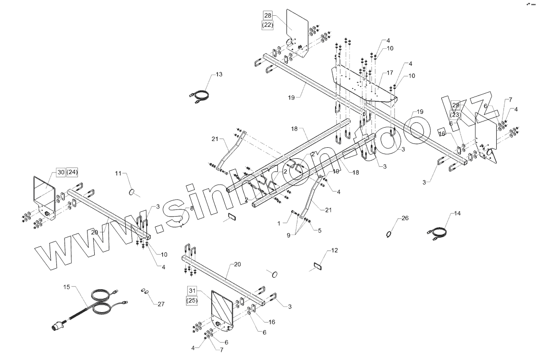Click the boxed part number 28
pyautogui.click(x=267, y=16)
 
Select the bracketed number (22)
pyautogui.click(x=267, y=25)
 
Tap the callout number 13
pyautogui.click(x=219, y=75)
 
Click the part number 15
pyautogui.click(x=67, y=286)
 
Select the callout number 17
pyautogui.click(x=390, y=73)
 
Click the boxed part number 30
pyautogui.click(x=60, y=172)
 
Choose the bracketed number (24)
pyautogui.click(x=72, y=172)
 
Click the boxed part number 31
pyautogui.click(x=192, y=290)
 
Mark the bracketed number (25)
pyautogui.click(x=192, y=300)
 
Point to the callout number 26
pyautogui.click(x=405, y=218)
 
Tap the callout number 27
pyautogui.click(x=161, y=304)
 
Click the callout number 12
pyautogui.click(x=334, y=250)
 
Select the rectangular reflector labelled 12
pyautogui.click(x=317, y=266)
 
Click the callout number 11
pyautogui.click(x=119, y=173)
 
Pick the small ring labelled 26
pyautogui.click(x=389, y=234)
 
